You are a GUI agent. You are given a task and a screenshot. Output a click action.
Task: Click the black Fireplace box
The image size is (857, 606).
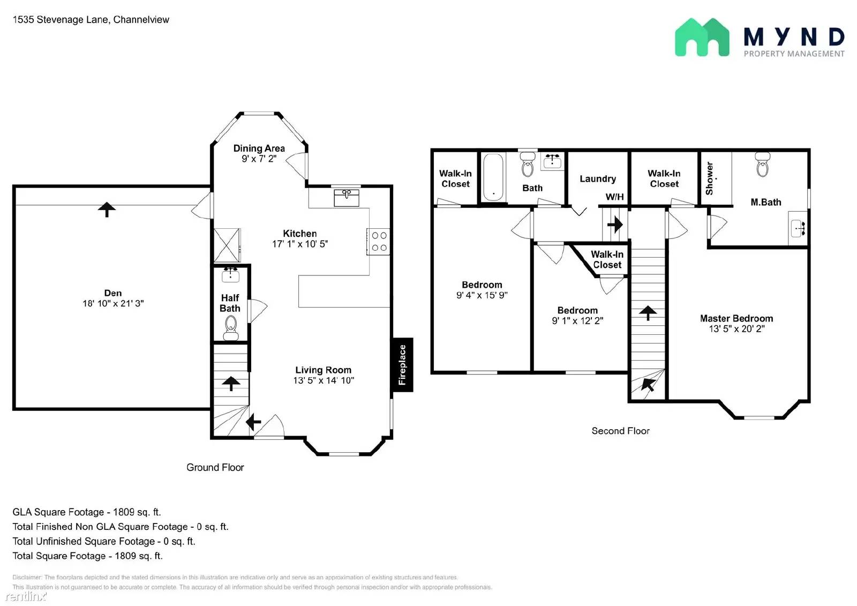coord(402,365)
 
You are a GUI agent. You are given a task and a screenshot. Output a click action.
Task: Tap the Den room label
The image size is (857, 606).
coord(113,293)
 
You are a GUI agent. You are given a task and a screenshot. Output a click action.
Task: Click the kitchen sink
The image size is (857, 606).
coord(347,197)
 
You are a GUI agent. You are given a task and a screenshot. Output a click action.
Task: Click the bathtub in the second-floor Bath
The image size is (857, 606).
coord(493,177)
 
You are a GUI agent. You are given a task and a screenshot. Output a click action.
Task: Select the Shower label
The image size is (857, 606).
coord(710,178)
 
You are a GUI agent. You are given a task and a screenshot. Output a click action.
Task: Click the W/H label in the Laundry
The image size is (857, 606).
coord(614,197)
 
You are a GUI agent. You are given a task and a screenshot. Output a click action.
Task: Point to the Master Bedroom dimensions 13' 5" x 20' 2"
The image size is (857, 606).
coord(736,329)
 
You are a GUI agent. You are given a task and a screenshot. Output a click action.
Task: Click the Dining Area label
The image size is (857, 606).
coord(259,148)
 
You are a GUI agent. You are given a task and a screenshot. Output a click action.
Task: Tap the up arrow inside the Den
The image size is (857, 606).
coord(107,209)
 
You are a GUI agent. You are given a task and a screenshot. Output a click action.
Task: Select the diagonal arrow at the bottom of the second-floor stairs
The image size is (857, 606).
coord(649,384)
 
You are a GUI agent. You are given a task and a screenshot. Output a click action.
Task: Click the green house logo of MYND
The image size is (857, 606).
coord(702,38)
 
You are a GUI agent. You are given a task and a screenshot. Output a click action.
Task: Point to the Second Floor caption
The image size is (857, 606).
coord(620,431)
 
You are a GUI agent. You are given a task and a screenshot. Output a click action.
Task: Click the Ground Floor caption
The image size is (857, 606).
coord(215,467)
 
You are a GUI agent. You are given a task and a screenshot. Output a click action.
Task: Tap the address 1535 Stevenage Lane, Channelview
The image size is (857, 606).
coord(91,20)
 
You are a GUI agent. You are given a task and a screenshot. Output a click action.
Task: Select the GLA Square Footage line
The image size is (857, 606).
coord(87,512)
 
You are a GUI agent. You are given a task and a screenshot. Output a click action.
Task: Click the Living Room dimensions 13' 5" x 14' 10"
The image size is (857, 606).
coord(324,380)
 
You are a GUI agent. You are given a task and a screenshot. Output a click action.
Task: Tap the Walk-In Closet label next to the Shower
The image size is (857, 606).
coord(664,178)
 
